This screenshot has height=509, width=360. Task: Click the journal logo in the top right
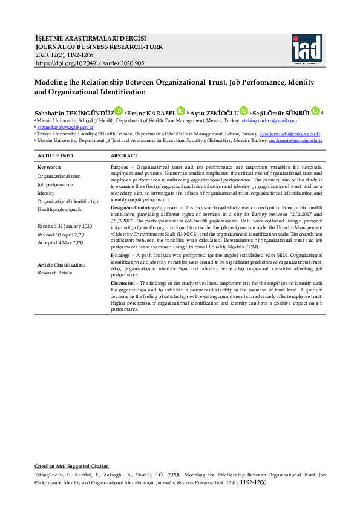click(x=307, y=48)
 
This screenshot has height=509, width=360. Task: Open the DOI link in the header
click(x=90, y=63)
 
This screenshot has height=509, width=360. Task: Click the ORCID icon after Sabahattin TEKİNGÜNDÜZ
click(x=119, y=111)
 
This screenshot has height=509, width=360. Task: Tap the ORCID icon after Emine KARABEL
click(x=180, y=111)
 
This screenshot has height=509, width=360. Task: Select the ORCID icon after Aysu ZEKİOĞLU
click(x=244, y=111)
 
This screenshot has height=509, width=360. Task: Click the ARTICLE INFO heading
click(x=56, y=156)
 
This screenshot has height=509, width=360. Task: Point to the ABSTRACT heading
click(x=124, y=156)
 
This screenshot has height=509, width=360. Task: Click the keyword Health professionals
click(x=59, y=210)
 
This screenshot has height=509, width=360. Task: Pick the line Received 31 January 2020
click(x=65, y=226)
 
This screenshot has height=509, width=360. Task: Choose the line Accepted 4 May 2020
click(x=60, y=242)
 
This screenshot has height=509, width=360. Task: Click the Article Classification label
click(x=61, y=265)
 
